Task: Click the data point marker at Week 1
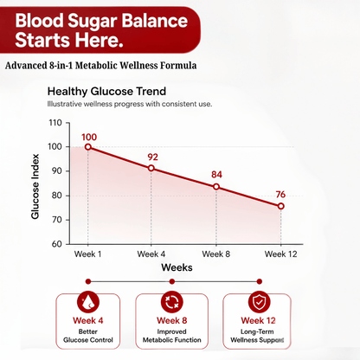pyautogui.click(x=88, y=147)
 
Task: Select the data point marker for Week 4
pyautogui.click(x=151, y=168)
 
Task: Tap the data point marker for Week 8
pyautogui.click(x=216, y=187)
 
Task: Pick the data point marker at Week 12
pyautogui.click(x=281, y=206)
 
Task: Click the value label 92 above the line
pyautogui.click(x=153, y=157)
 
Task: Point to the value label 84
pyautogui.click(x=216, y=175)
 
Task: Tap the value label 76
pyautogui.click(x=280, y=195)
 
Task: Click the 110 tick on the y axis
pyautogui.click(x=55, y=123)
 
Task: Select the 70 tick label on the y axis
pyautogui.click(x=57, y=220)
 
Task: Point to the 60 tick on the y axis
pyautogui.click(x=57, y=244)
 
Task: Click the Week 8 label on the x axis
pyautogui.click(x=216, y=254)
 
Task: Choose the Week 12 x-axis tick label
pyautogui.click(x=281, y=254)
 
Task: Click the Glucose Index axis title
pyautogui.click(x=35, y=186)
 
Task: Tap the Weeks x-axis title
pyautogui.click(x=177, y=267)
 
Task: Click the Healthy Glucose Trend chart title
pyautogui.click(x=106, y=92)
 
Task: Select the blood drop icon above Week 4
pyautogui.click(x=88, y=302)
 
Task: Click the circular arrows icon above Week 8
pyautogui.click(x=172, y=302)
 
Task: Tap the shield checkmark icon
pyautogui.click(x=259, y=302)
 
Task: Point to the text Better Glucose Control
pyautogui.click(x=88, y=336)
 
